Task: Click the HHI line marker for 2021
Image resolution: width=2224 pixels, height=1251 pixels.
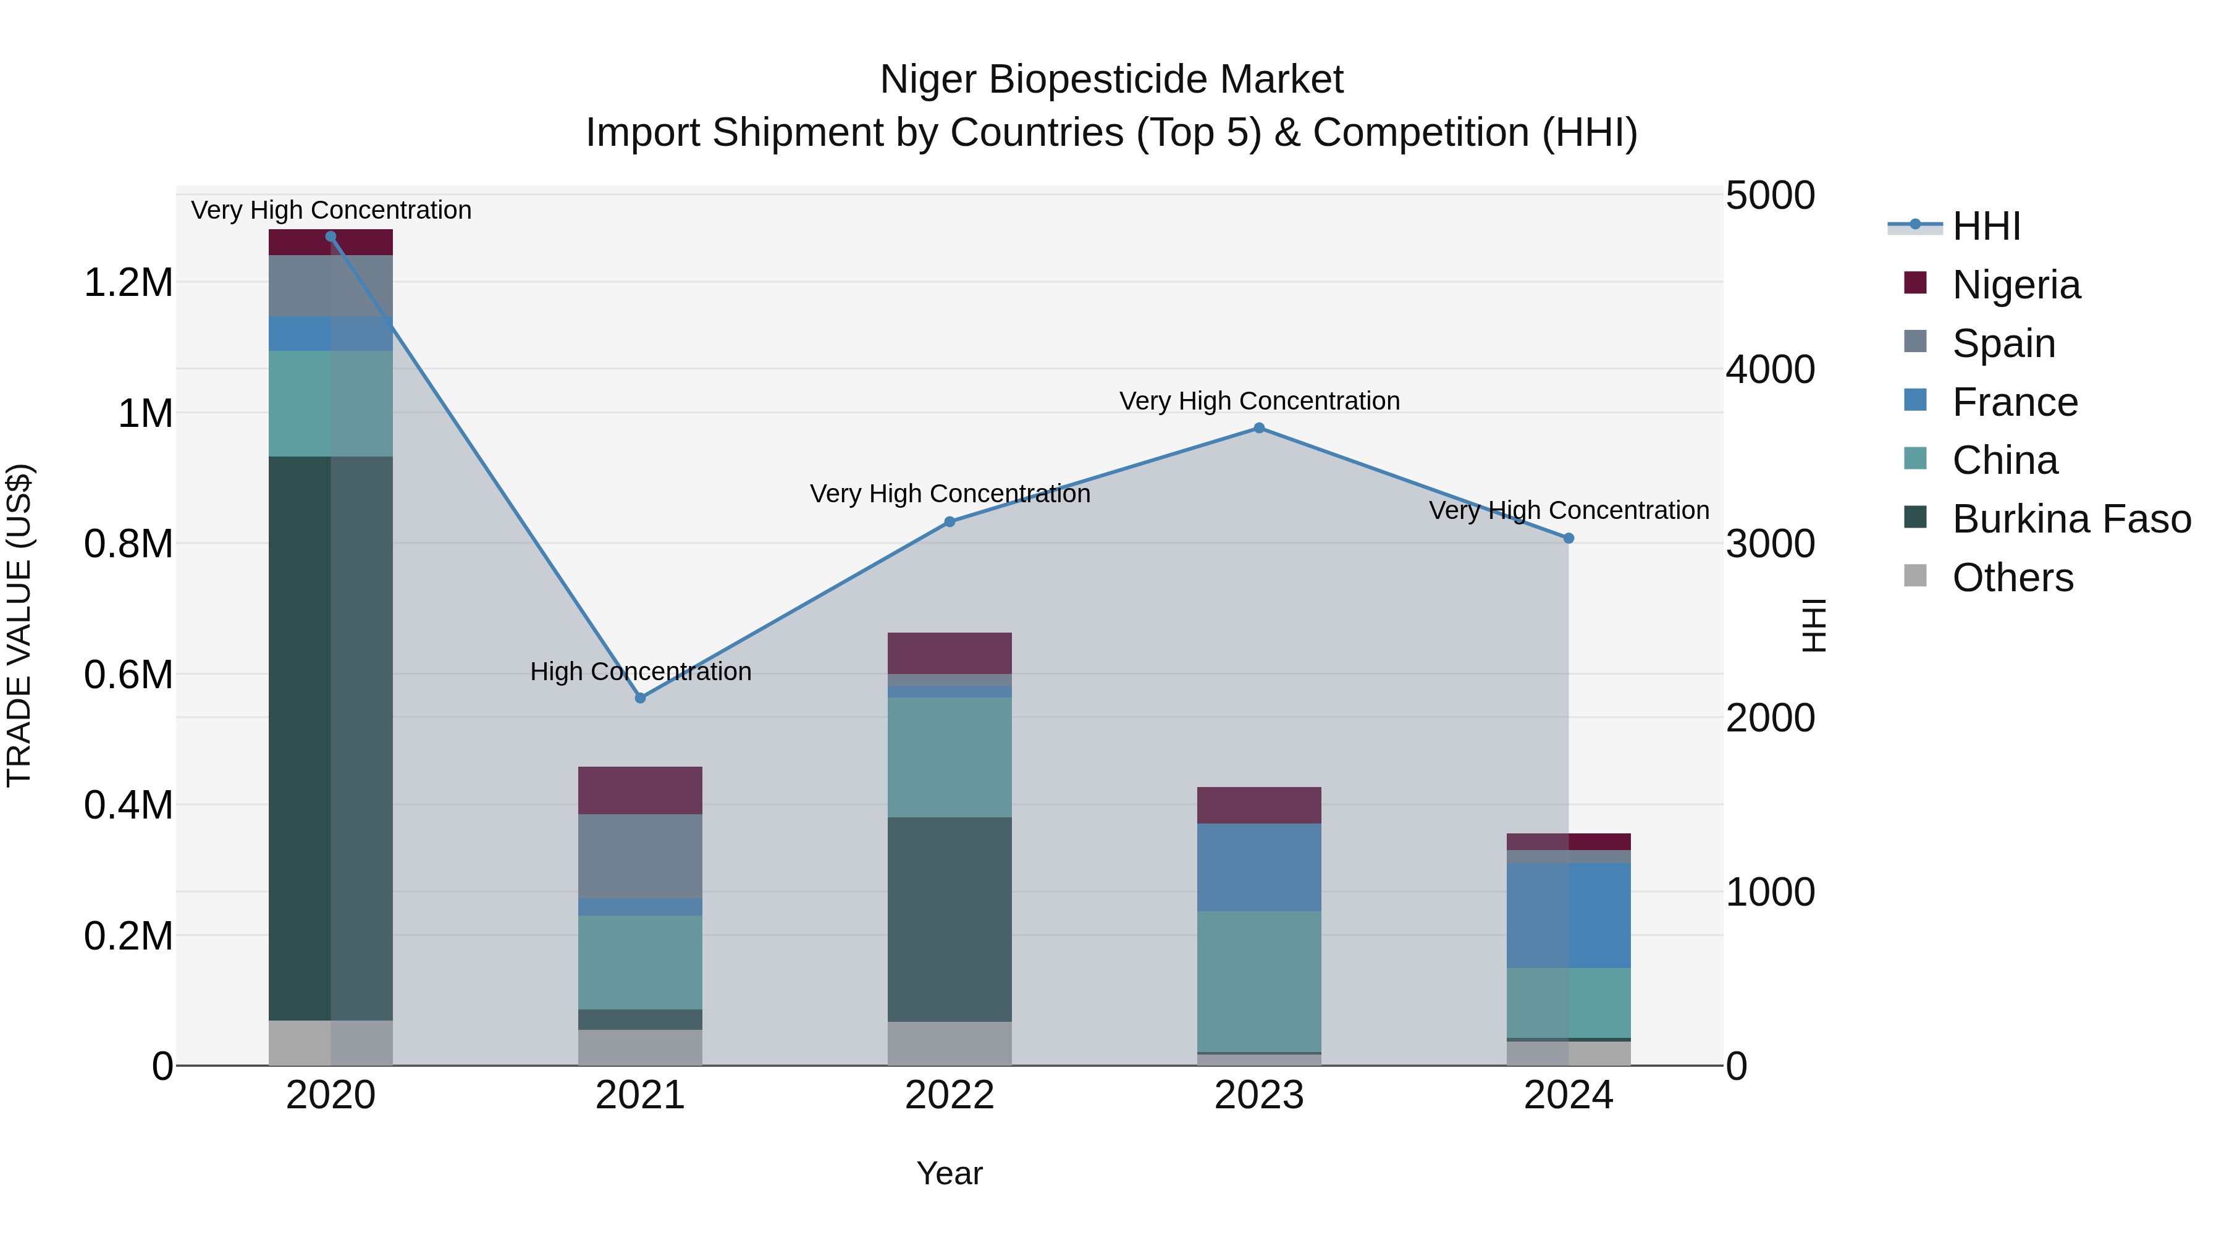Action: point(640,697)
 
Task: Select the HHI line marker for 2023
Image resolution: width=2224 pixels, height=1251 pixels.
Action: point(1259,428)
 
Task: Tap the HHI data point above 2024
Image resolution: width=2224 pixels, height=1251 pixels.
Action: point(1569,538)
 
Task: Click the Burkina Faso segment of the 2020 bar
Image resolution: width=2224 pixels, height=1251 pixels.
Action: point(331,738)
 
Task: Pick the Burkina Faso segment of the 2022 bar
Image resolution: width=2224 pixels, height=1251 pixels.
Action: point(950,919)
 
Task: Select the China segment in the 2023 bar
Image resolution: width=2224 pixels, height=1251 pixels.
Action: point(1259,982)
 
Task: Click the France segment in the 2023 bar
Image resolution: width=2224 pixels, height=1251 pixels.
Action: point(1259,867)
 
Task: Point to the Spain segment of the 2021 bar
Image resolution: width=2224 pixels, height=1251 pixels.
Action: point(640,856)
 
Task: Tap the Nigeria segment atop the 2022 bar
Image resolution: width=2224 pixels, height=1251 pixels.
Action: point(950,653)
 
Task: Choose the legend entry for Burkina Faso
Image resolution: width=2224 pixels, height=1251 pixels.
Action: point(2071,519)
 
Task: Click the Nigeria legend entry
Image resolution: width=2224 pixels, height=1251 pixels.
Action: point(2016,285)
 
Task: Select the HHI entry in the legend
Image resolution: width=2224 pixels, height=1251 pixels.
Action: point(1986,226)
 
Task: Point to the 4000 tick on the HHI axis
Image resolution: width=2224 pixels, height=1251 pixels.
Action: point(1770,369)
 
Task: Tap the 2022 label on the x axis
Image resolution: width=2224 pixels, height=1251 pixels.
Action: point(950,1095)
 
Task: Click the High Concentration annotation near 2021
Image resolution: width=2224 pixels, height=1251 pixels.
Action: point(641,672)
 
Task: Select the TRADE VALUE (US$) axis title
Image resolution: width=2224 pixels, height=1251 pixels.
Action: point(19,625)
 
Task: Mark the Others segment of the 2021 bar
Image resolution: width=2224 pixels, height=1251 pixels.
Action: point(640,1047)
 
